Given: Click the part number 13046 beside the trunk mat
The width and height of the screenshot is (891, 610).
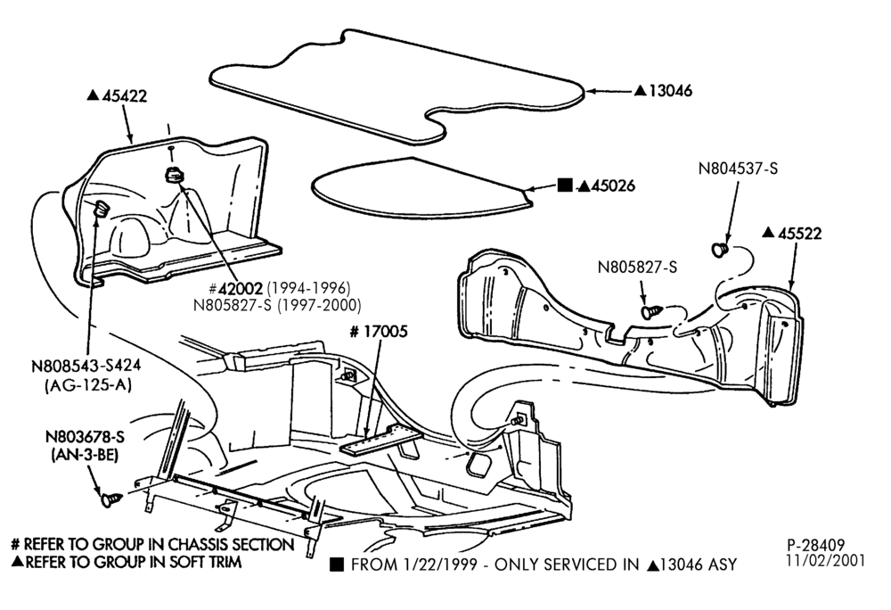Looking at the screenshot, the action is [x=671, y=90].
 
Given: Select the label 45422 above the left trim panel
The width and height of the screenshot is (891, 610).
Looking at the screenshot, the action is [x=125, y=95].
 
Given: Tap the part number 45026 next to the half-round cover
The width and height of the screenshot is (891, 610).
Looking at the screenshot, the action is [x=613, y=185].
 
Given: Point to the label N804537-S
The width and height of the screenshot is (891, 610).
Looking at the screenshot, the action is [x=738, y=169].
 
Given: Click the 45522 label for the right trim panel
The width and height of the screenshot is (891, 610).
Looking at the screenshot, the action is [x=799, y=233].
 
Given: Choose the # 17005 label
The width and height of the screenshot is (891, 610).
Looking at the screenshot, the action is [x=379, y=332].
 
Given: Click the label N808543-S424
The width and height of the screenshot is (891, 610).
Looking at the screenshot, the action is [x=86, y=366].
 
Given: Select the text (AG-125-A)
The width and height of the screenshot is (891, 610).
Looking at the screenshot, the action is [x=87, y=385].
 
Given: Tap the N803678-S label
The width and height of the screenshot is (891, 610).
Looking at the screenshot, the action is [x=85, y=437].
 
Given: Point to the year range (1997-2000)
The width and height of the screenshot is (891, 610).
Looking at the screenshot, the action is [x=319, y=305].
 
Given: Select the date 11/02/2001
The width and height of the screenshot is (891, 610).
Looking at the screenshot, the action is [x=826, y=561].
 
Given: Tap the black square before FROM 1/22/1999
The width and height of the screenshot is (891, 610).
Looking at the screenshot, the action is [x=337, y=565].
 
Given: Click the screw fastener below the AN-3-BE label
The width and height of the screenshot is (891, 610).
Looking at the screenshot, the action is [x=110, y=499].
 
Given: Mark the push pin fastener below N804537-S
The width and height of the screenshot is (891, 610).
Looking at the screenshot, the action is [x=720, y=249].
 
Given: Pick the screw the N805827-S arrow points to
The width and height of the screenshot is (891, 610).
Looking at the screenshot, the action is [x=651, y=311].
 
